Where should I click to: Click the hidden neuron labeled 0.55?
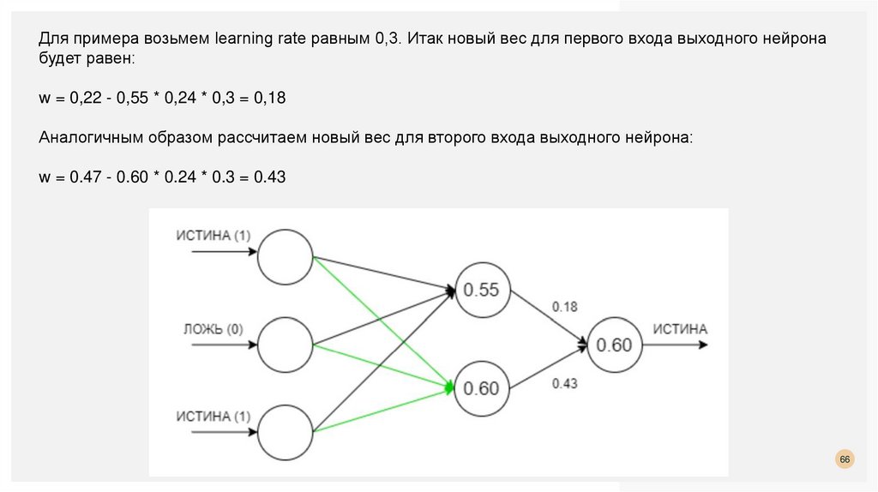481,291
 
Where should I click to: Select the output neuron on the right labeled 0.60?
614,345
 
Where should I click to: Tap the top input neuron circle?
286,257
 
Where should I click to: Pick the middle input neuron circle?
286,344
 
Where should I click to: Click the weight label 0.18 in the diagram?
565,306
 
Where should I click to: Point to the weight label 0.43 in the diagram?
565,383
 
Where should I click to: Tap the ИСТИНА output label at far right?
680,329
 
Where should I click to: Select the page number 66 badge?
845,460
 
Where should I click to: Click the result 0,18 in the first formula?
269,99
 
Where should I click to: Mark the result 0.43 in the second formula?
269,177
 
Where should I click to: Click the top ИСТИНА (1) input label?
213,236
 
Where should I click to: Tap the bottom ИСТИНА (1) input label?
213,417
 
